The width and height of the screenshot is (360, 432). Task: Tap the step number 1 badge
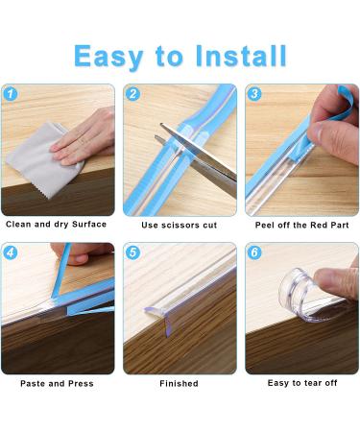[x=11, y=94]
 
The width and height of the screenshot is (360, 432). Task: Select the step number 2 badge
[x=132, y=94]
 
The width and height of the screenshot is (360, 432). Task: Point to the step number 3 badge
[x=254, y=94]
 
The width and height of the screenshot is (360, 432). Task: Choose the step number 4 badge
[x=11, y=252]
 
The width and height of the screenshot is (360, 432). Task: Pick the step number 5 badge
[x=132, y=252]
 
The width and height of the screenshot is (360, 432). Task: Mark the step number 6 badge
[x=254, y=252]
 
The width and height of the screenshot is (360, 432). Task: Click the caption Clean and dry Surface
[x=56, y=224]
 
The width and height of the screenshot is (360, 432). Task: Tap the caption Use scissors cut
[x=180, y=225]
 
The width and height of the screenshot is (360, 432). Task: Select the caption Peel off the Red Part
[x=301, y=225]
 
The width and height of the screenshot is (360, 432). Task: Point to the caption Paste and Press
[x=57, y=383]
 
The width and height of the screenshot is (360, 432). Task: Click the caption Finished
[x=179, y=383]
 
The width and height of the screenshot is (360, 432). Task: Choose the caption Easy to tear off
[x=302, y=383]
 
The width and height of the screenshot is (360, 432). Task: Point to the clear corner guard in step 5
[x=160, y=315]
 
